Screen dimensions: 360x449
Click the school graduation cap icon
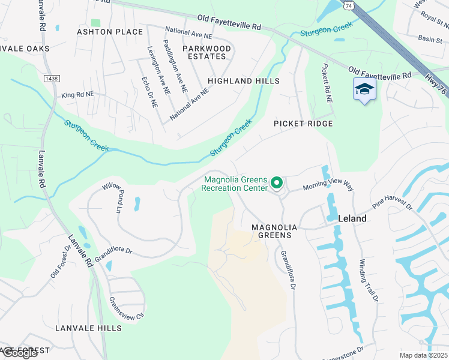click(x=364, y=89)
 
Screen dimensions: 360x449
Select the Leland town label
click(x=352, y=218)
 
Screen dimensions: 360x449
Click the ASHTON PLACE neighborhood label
click(x=110, y=32)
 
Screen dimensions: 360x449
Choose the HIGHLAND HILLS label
click(x=244, y=81)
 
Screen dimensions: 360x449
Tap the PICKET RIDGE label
click(x=303, y=123)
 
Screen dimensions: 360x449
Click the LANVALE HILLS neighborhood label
click(x=88, y=328)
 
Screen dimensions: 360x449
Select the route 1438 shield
click(x=51, y=79)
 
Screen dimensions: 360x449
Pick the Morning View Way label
click(x=328, y=187)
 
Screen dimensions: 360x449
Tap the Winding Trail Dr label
click(x=369, y=280)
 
